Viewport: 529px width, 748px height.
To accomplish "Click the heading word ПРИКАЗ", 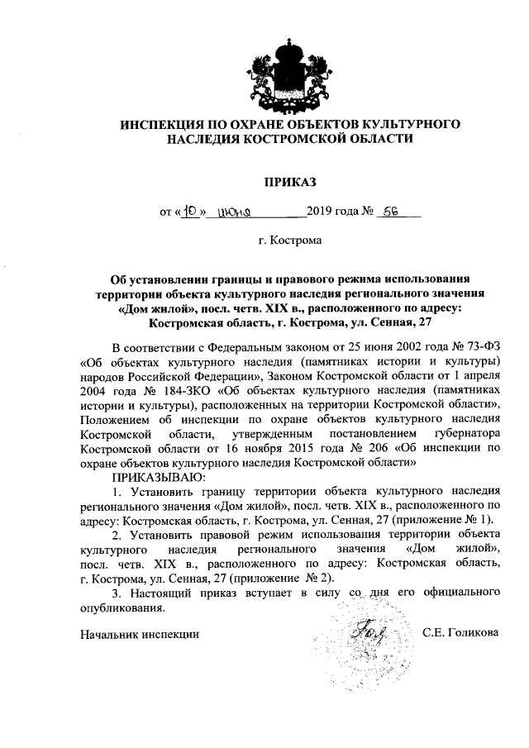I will pos(265,180).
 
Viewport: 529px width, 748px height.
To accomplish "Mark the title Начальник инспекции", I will pos(140,635).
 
